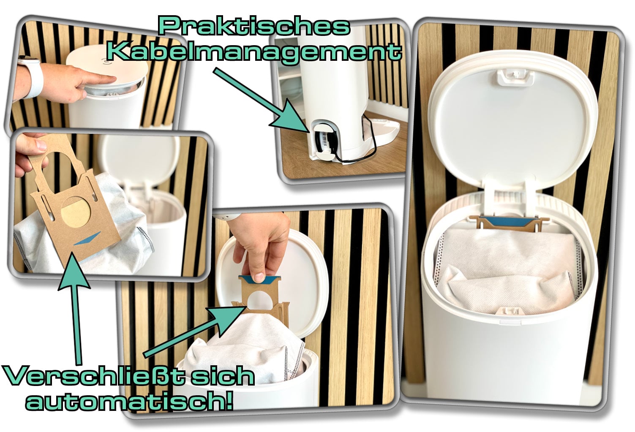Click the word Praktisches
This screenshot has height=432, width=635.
click(254, 27)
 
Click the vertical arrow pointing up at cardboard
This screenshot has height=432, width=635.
click(74, 309)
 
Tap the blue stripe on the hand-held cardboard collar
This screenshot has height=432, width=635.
click(87, 239)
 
